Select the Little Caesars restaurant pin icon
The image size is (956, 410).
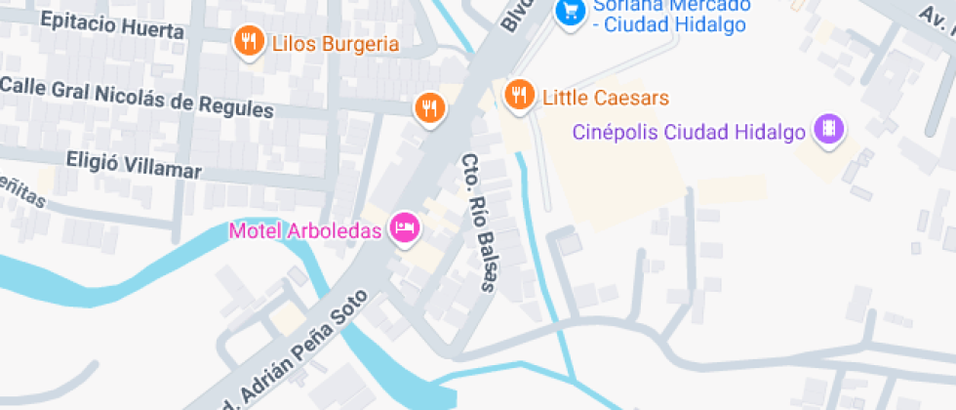coord(518,94)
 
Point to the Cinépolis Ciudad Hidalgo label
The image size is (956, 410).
coord(692,131)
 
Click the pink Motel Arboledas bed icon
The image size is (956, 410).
coord(404,228)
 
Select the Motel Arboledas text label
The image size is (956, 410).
coord(305,231)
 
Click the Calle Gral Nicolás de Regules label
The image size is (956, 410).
coord(137,96)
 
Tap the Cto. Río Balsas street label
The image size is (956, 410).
coord(479,223)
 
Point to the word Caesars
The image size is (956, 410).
coord(632,98)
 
